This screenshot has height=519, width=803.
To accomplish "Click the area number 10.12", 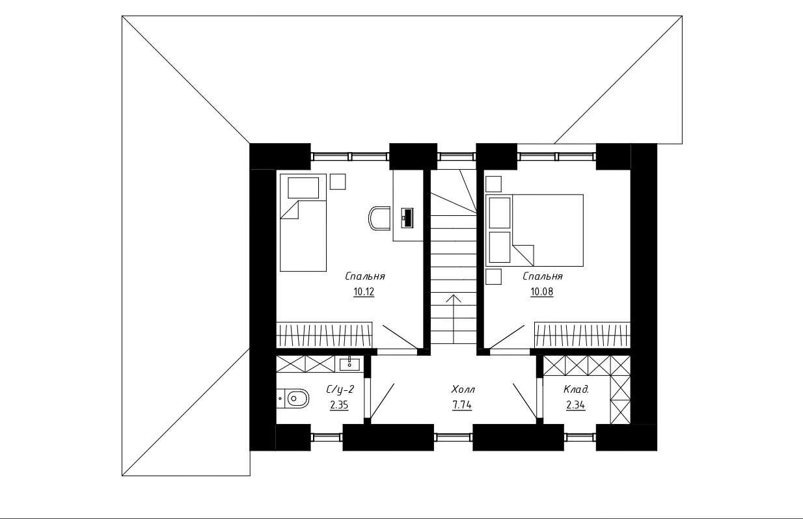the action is click(x=364, y=292).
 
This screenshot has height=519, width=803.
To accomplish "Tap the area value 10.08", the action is click(x=542, y=292).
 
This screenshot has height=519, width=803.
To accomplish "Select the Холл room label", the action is click(x=463, y=390).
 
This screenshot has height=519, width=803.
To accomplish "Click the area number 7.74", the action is click(x=462, y=405).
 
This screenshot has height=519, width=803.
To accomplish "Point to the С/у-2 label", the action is click(x=340, y=390).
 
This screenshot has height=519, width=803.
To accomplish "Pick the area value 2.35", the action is click(x=339, y=405).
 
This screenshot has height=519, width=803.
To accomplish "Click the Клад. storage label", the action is click(x=577, y=390).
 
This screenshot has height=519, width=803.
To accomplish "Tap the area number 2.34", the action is click(x=576, y=405).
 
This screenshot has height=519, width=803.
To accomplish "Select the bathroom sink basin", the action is click(x=349, y=364).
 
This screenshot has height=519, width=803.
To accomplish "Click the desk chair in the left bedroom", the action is click(x=379, y=218).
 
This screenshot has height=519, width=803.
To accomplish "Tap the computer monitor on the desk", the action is click(x=407, y=217).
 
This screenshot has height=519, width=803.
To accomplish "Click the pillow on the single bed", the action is click(x=303, y=188).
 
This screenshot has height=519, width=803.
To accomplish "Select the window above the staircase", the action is click(x=456, y=157).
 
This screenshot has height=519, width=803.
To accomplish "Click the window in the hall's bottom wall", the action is click(x=453, y=437).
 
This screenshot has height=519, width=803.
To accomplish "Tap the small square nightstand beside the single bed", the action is click(x=338, y=181).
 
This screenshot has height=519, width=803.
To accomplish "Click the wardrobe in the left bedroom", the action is click(x=324, y=334).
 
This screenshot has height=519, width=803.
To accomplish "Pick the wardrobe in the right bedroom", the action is click(x=582, y=334).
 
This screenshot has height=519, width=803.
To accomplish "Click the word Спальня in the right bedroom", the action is click(x=543, y=276).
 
